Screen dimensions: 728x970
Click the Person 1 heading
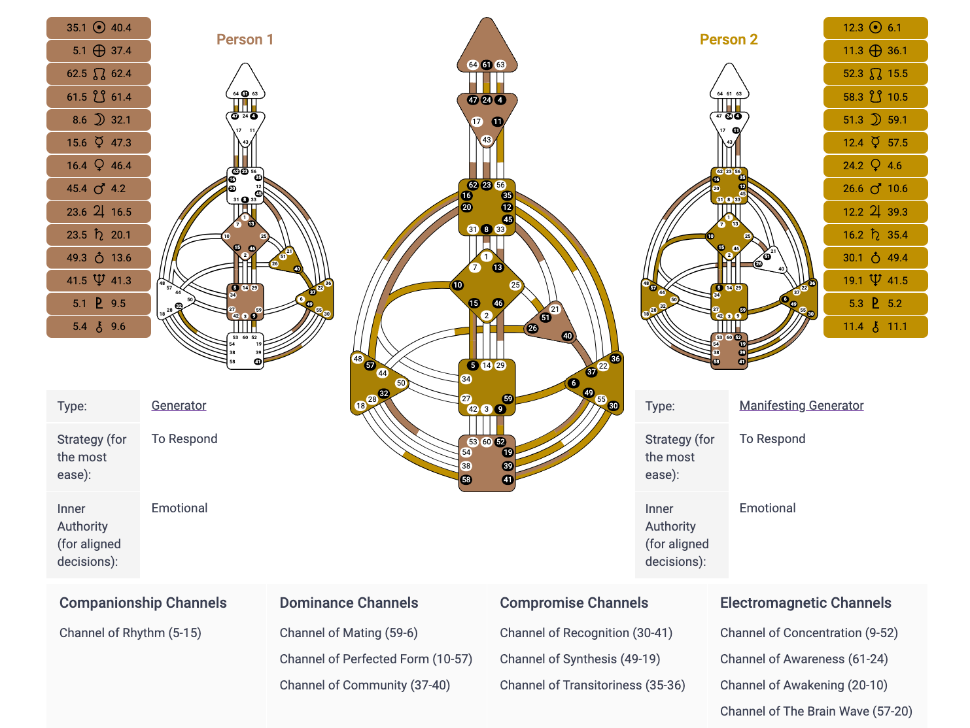click(245, 39)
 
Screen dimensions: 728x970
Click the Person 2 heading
click(729, 39)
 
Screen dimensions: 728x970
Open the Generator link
click(179, 405)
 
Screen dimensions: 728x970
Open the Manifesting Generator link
click(801, 405)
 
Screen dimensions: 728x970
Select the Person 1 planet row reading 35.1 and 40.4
click(99, 27)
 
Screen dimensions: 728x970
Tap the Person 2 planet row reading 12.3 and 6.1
click(875, 27)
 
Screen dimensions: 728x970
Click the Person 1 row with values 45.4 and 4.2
click(99, 188)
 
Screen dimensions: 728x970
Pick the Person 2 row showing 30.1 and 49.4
click(875, 257)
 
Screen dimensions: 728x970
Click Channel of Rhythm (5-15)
click(130, 633)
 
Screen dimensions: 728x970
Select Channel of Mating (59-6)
click(348, 633)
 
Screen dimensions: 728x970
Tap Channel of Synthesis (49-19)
click(580, 659)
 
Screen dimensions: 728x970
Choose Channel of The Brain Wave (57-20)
click(816, 711)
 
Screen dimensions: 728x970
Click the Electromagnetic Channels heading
click(805, 603)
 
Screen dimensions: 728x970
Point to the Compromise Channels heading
click(574, 603)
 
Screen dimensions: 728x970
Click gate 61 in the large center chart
click(487, 65)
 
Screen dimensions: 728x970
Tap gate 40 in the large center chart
click(567, 336)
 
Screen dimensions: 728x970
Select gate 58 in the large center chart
click(466, 480)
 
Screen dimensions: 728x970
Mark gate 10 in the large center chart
click(458, 285)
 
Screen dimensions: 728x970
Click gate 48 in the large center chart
click(358, 359)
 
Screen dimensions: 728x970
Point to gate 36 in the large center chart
click(615, 359)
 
